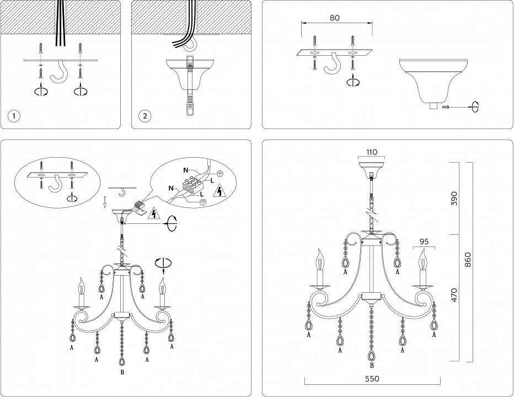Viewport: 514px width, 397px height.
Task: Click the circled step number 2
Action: point(145,116)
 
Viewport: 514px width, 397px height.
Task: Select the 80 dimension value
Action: point(335,17)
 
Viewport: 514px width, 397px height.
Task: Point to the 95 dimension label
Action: point(424,240)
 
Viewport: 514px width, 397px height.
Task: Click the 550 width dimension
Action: point(373,380)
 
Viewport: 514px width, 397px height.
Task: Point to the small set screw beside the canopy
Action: point(447,106)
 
